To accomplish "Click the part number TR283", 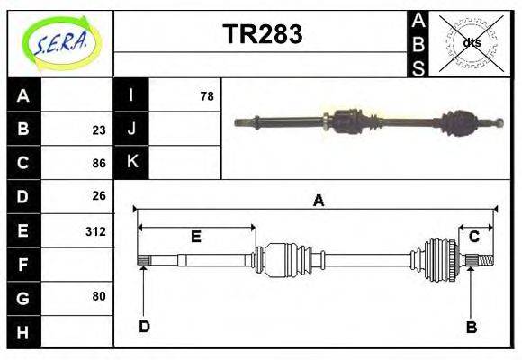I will (x=262, y=34).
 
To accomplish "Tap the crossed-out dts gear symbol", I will (x=471, y=42).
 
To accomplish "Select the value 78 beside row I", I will (x=206, y=95).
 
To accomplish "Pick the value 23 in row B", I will (x=99, y=129).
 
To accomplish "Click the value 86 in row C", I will (x=99, y=163).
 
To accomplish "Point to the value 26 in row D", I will (x=99, y=196).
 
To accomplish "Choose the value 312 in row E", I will (x=95, y=231).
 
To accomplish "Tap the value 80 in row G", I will (x=99, y=295).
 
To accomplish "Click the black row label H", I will (x=23, y=333).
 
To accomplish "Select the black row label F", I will (x=23, y=265).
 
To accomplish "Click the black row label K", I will (x=131, y=162).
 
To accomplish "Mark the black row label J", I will (x=131, y=129).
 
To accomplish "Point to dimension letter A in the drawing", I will (x=317, y=201).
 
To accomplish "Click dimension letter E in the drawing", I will (x=195, y=237).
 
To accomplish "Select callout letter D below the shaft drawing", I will (x=144, y=326).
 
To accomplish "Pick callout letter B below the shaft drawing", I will (x=471, y=327).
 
